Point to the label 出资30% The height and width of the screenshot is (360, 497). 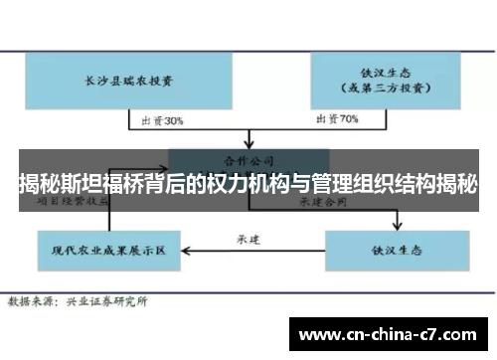pyautogui.click(x=161, y=121)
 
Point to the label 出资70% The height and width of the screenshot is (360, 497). pyautogui.click(x=335, y=121)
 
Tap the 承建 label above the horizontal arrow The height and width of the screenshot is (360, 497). pyautogui.click(x=248, y=239)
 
